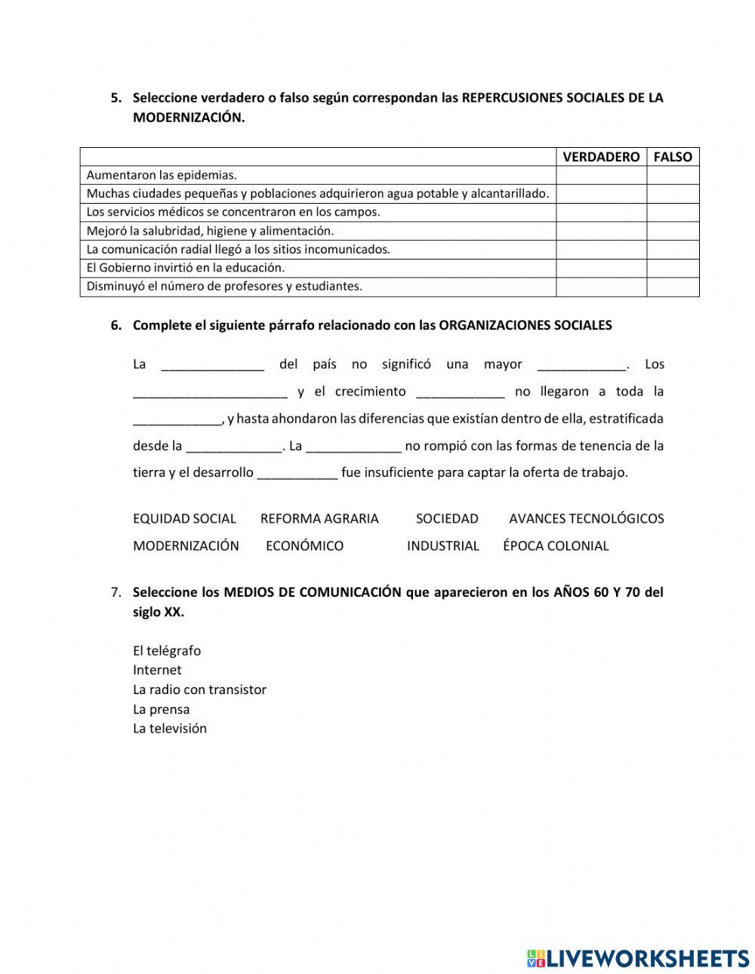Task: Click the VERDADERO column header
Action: pyautogui.click(x=601, y=157)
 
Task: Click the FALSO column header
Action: pyautogui.click(x=672, y=157)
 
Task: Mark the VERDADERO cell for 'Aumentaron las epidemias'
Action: pyautogui.click(x=601, y=175)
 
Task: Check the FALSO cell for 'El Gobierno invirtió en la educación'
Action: pyautogui.click(x=672, y=268)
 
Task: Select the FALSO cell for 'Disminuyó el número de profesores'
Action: pyautogui.click(x=672, y=287)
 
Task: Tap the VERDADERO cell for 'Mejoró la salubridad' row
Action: pyautogui.click(x=601, y=231)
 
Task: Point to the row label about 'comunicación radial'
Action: pyautogui.click(x=238, y=249)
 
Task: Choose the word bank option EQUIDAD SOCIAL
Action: pyautogui.click(x=184, y=518)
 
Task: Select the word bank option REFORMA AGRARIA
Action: pyautogui.click(x=319, y=518)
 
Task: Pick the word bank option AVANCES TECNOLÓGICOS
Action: pyautogui.click(x=586, y=518)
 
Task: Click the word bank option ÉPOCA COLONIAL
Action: pyautogui.click(x=555, y=545)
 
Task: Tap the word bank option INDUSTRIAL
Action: pyautogui.click(x=442, y=545)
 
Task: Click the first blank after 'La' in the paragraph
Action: pyautogui.click(x=212, y=365)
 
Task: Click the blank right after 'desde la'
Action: pyautogui.click(x=233, y=447)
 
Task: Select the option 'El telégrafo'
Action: pyautogui.click(x=167, y=650)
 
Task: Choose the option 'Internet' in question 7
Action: pyautogui.click(x=157, y=670)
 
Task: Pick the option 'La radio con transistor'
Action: pyautogui.click(x=199, y=690)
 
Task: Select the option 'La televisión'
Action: pyautogui.click(x=170, y=729)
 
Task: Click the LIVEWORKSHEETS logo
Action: pyautogui.click(x=637, y=958)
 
